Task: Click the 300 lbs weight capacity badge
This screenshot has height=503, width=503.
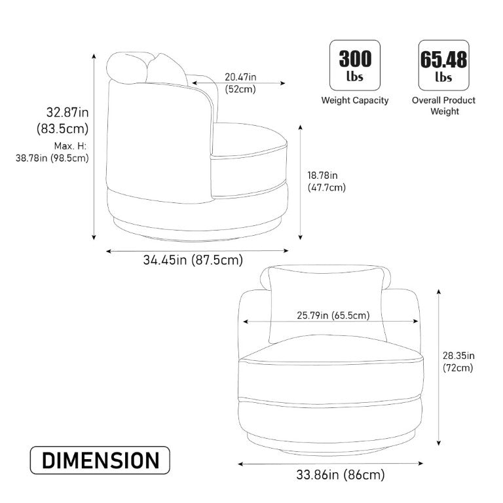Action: tap(355, 65)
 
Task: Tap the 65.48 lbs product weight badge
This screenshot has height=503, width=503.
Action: tap(443, 65)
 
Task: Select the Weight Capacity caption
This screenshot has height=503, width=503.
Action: tap(355, 100)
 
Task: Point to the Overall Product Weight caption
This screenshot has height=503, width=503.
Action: tap(443, 106)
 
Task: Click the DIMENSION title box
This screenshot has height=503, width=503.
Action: tap(100, 460)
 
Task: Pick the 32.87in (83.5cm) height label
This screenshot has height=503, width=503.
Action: tap(63, 121)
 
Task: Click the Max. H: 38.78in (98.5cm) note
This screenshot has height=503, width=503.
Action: tap(52, 152)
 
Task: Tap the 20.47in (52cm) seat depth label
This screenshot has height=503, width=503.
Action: tap(240, 83)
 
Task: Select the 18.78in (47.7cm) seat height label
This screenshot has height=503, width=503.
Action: tap(327, 181)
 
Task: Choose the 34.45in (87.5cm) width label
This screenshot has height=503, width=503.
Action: tap(193, 259)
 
